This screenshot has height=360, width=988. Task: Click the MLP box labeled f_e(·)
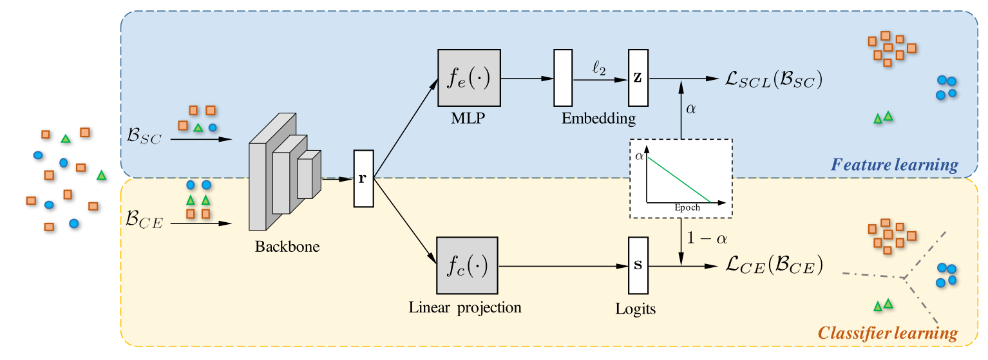click(x=469, y=78)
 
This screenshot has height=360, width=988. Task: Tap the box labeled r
click(x=363, y=178)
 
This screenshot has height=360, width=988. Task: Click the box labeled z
click(x=637, y=78)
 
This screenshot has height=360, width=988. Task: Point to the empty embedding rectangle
click(x=563, y=78)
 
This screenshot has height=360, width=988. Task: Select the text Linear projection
click(x=465, y=307)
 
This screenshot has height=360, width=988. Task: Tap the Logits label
click(x=635, y=309)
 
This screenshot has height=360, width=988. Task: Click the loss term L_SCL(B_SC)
click(x=773, y=79)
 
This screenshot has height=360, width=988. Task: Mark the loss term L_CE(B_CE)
click(x=774, y=265)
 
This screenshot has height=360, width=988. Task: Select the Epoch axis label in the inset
click(x=687, y=207)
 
